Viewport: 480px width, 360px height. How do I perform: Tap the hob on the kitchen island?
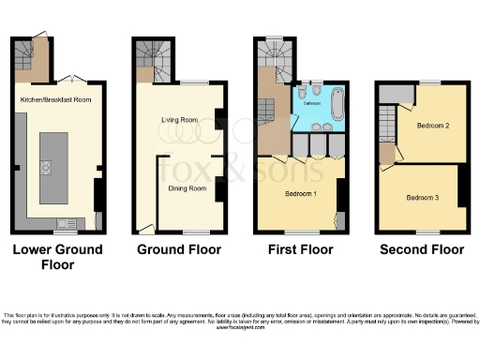pyautogui.click(x=46, y=168)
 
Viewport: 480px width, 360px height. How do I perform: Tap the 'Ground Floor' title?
pyautogui.click(x=179, y=249)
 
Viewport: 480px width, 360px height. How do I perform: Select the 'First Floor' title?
pyautogui.click(x=300, y=249)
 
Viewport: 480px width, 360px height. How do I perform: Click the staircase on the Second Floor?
pyautogui.click(x=387, y=122)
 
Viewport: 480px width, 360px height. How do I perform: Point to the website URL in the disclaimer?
pyautogui.click(x=239, y=328)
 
